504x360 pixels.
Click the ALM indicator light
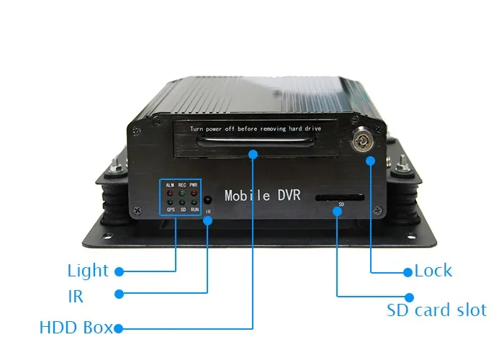click(170, 192)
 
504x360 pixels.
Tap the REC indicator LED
click(182, 192)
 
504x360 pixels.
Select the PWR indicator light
click(194, 192)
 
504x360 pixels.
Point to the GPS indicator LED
click(170, 203)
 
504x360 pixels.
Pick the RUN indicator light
click(194, 203)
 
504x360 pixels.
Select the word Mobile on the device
click(248, 195)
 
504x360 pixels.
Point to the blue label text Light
click(88, 271)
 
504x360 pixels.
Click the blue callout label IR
click(75, 296)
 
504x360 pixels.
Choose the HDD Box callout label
click(76, 328)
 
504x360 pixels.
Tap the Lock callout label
click(433, 271)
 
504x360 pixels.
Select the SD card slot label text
click(436, 311)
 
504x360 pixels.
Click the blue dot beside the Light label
click(120, 272)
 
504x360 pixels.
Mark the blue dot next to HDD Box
click(120, 328)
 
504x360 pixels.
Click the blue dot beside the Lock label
click(408, 272)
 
